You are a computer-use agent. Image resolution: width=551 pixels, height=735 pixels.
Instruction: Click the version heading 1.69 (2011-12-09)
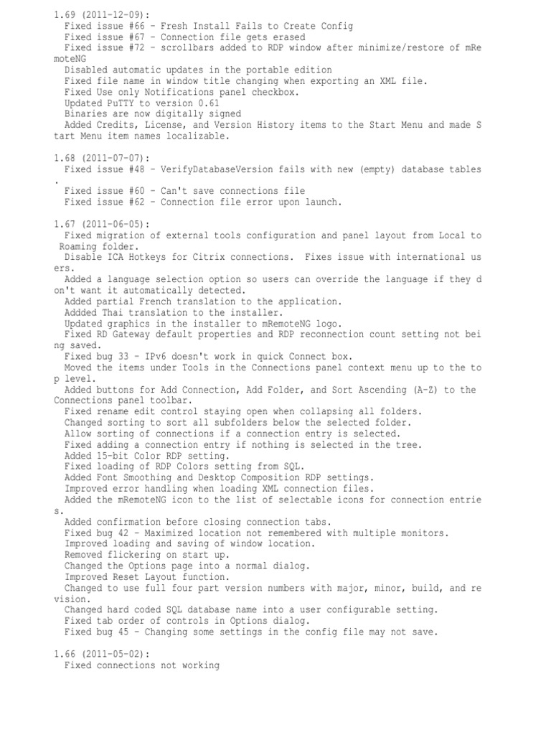point(100,15)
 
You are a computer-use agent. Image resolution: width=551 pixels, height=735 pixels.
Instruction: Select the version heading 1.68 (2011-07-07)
point(100,158)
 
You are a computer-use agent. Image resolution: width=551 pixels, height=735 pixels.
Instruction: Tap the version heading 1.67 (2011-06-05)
point(100,224)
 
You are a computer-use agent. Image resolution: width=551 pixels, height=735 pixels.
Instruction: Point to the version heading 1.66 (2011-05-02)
point(100,655)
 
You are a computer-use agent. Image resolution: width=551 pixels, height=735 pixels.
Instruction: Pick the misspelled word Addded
point(81,313)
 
